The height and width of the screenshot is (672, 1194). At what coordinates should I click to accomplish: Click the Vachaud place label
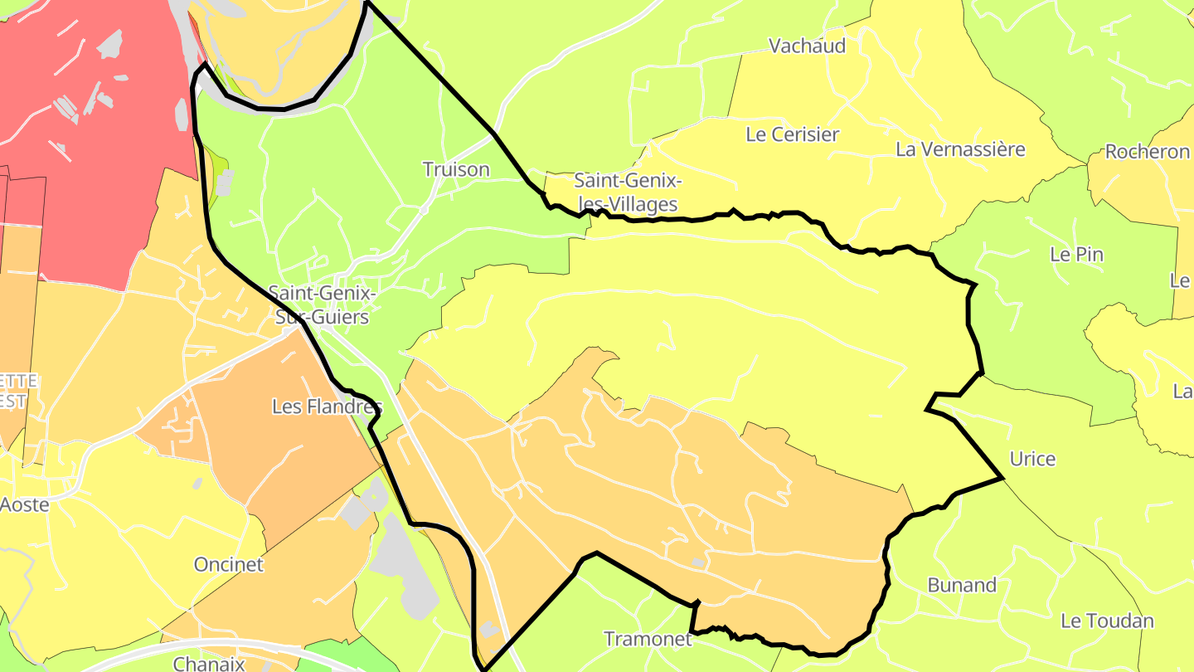coord(807,46)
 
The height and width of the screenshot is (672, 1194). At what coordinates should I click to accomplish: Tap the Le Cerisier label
coord(792,134)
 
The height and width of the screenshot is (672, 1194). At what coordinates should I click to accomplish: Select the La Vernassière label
coord(960,149)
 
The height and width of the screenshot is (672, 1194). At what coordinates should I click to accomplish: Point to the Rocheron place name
coord(1147,152)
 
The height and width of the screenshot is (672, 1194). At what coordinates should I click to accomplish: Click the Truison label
coord(456,169)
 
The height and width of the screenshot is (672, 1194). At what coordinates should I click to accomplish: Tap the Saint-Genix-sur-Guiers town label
coord(323,305)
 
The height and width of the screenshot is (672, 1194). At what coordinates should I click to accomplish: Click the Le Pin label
coord(1076,255)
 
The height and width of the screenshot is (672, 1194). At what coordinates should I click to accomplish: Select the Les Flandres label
coord(327,407)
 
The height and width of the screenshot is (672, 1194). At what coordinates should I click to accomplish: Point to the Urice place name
coord(1032,459)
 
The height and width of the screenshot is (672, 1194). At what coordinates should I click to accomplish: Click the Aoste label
coord(25,504)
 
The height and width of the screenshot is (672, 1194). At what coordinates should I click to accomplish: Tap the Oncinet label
coord(228,565)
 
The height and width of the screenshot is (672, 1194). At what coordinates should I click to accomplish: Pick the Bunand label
coord(961,585)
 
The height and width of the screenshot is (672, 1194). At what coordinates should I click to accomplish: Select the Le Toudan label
coord(1107,621)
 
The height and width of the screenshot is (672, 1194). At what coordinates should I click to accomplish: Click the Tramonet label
coord(648,639)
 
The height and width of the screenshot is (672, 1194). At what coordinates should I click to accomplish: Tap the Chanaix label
coord(209,664)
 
